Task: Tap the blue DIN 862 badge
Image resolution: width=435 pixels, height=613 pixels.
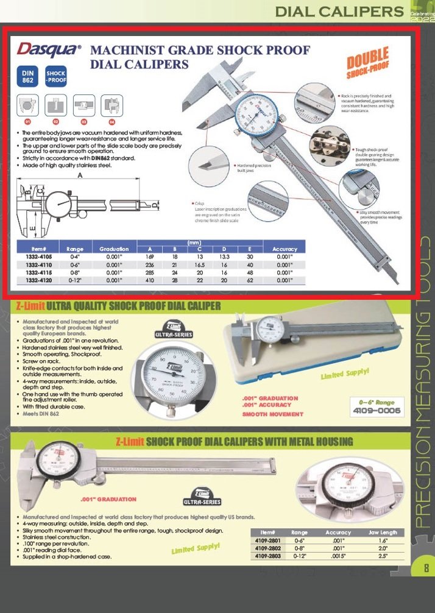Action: pos(28,77)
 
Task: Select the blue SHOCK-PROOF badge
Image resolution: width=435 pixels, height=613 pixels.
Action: pos(56,77)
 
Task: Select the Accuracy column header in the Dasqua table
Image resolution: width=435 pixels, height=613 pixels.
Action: pos(285,249)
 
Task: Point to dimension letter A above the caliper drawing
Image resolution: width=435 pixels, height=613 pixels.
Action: pos(80,175)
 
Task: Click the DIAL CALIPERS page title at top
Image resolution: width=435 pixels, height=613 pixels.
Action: pos(339,12)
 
